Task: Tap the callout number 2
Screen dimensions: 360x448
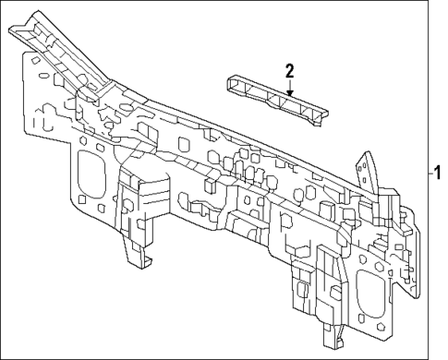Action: [289, 70]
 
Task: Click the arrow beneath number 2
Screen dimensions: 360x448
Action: [289, 90]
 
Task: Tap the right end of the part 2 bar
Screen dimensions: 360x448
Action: [323, 117]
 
